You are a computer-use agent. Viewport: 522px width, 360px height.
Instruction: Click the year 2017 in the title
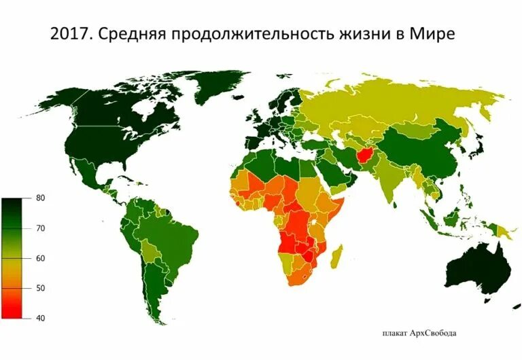71,34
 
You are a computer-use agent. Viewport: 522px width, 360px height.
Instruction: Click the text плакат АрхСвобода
418,333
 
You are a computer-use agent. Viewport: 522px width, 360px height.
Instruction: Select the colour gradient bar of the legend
15,258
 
